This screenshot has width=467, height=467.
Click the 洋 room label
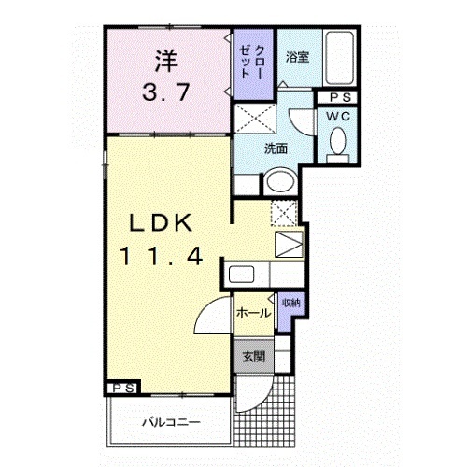pyautogui.click(x=164, y=63)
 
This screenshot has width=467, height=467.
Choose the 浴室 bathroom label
pyautogui.click(x=298, y=55)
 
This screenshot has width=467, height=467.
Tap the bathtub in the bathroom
pyautogui.click(x=337, y=59)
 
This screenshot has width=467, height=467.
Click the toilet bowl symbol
pyautogui.click(x=337, y=143)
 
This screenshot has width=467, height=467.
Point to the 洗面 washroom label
pyautogui.click(x=275, y=148)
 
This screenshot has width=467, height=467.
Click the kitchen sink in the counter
pyautogui.click(x=242, y=276)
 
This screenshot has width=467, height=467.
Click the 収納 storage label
pyautogui.click(x=290, y=304)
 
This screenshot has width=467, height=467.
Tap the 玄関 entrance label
pyautogui.click(x=253, y=356)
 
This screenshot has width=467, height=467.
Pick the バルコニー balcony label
pyautogui.click(x=170, y=423)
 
